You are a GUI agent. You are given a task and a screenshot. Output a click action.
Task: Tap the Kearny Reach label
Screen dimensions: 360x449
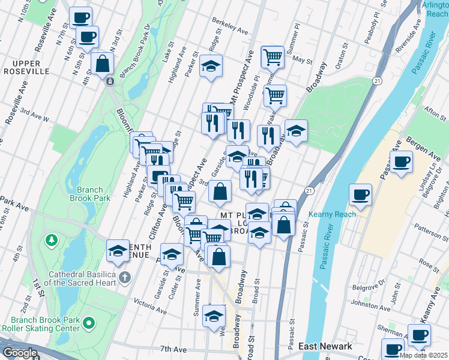tap(332, 214)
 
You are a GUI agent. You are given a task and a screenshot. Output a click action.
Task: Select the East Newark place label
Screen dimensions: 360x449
tap(325, 346)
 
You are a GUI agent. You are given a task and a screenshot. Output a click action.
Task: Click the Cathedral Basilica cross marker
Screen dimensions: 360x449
tap(124, 277)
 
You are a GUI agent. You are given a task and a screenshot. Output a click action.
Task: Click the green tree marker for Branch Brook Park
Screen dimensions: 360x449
tap(52, 241)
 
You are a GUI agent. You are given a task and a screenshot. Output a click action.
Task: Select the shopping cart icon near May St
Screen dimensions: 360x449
tap(273, 56)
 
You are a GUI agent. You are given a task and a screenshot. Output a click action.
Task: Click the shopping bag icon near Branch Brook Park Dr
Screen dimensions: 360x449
tap(103, 63)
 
